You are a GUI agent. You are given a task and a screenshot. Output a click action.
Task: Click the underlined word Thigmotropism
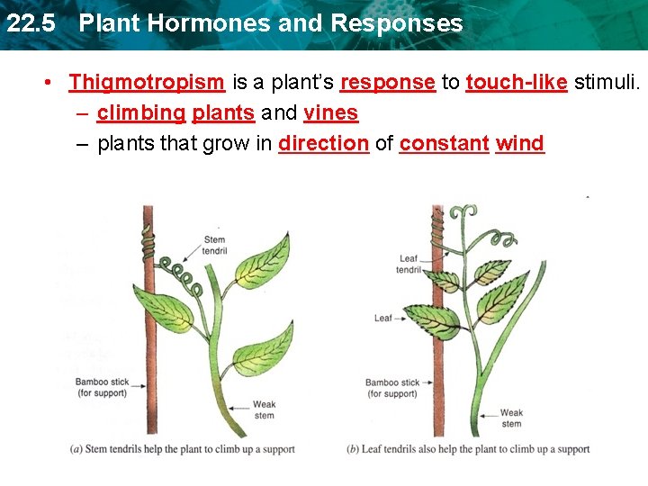147,83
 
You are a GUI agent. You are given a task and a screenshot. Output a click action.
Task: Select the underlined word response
388,83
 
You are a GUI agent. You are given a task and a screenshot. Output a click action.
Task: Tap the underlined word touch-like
516,83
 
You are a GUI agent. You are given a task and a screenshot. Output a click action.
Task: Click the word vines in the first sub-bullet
331,113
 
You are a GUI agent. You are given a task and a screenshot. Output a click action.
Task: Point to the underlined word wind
519,143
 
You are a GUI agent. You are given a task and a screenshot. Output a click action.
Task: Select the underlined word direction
324,143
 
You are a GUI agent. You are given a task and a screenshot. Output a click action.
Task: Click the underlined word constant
444,143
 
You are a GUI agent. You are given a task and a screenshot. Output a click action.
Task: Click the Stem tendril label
214,245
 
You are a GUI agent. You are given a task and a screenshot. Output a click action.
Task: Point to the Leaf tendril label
409,265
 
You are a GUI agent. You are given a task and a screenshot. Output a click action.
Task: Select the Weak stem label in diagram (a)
264,410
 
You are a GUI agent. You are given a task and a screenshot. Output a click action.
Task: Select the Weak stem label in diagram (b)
511,418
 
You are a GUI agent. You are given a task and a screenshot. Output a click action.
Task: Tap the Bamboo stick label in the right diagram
392,388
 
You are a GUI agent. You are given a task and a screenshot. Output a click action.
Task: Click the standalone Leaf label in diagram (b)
383,318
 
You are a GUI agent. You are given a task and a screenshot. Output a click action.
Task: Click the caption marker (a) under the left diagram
78,449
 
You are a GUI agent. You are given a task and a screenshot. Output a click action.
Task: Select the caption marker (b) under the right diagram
354,449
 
